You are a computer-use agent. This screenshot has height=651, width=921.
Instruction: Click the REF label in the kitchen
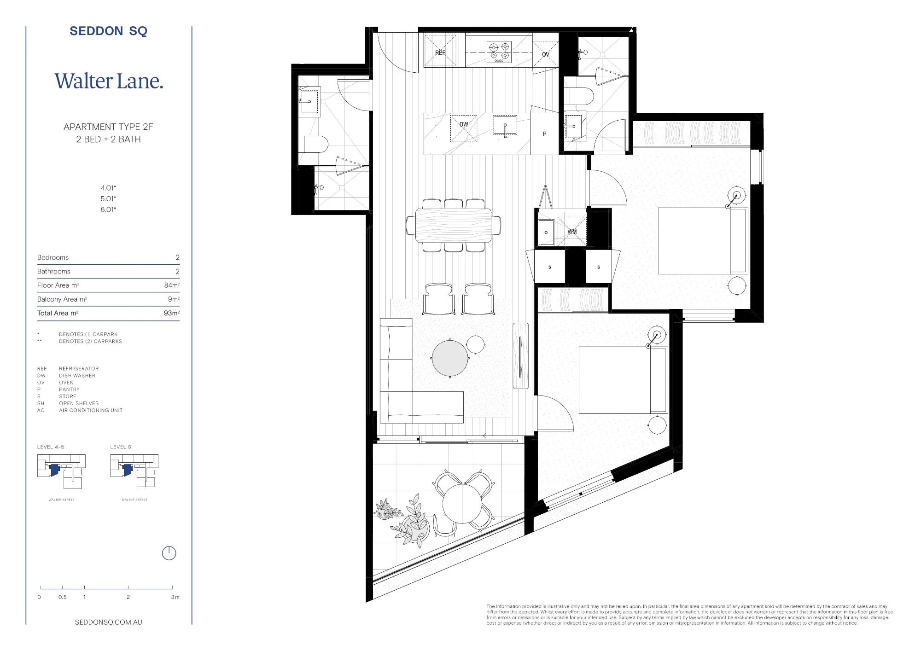pyautogui.click(x=440, y=53)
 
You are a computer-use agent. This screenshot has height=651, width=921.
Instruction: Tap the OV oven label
pyautogui.click(x=546, y=54)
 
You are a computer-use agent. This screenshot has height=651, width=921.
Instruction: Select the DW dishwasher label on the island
pyautogui.click(x=464, y=124)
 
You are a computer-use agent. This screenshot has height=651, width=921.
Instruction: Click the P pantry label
pyautogui.click(x=545, y=134)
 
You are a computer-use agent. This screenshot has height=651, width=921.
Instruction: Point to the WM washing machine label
pyautogui.click(x=572, y=232)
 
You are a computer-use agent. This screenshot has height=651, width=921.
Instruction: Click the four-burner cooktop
pyautogui.click(x=499, y=52)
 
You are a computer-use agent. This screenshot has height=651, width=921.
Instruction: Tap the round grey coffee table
pyautogui.click(x=450, y=358)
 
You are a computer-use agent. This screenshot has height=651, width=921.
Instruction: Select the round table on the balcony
pyautogui.click(x=462, y=503)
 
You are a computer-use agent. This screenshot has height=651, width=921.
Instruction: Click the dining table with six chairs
pyautogui.click(x=454, y=225)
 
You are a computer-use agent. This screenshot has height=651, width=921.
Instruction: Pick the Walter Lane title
pyautogui.click(x=109, y=81)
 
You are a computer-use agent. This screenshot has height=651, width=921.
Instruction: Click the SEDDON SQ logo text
pyautogui.click(x=108, y=31)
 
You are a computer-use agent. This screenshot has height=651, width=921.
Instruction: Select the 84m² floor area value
pyautogui.click(x=172, y=285)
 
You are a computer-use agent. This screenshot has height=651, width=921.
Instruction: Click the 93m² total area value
pyautogui.click(x=172, y=313)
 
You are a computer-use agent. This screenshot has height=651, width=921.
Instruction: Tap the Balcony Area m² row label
pyautogui.click(x=62, y=299)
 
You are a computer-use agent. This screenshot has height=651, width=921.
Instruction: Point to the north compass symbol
pyautogui.click(x=169, y=553)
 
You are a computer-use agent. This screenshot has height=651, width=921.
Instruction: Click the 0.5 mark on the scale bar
pyautogui.click(x=63, y=597)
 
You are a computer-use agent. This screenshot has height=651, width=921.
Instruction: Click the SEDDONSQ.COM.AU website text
pyautogui.click(x=109, y=622)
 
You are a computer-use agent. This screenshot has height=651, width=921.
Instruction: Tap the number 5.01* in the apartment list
pyautogui.click(x=109, y=198)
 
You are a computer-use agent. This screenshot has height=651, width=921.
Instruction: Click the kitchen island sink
pyautogui.click(x=505, y=125)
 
